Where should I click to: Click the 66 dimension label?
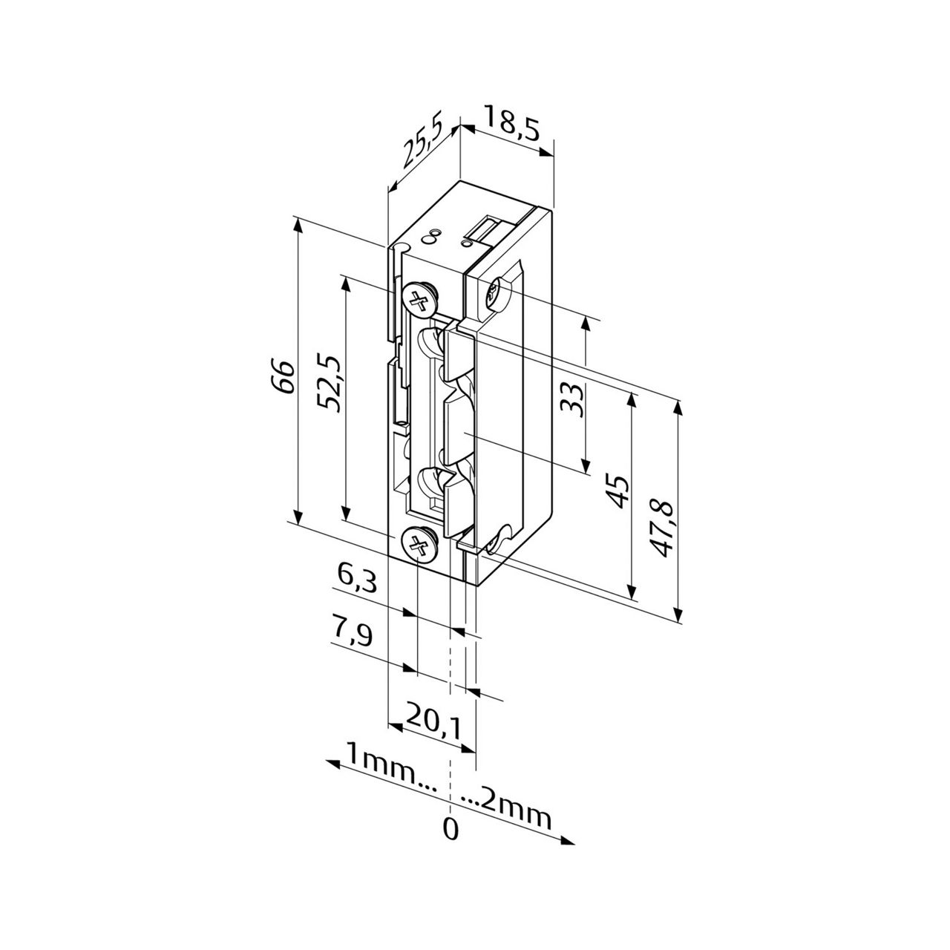click(285, 376)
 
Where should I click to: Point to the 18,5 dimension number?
click(512, 124)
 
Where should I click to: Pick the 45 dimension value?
click(619, 491)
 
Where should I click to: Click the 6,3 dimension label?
click(357, 579)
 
